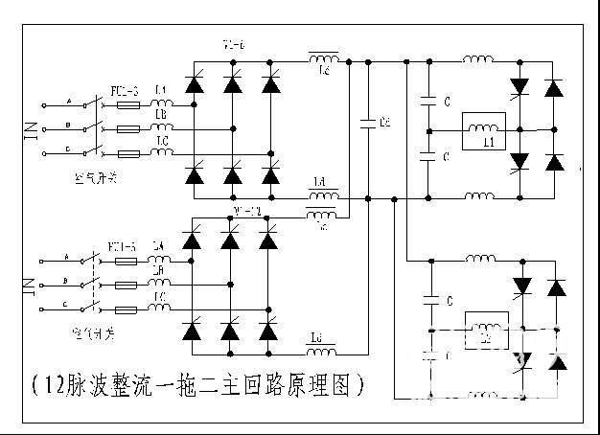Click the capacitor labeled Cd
coord(367,123)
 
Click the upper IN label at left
coord(28,128)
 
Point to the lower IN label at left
coord(28,285)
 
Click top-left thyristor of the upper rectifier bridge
coord(195,83)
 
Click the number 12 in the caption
coord(48,385)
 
